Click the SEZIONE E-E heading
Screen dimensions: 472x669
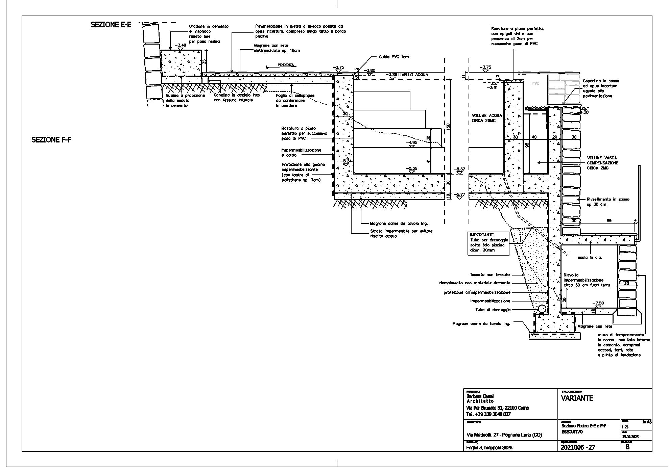tap(111, 25)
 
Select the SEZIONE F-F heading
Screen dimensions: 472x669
tap(51, 140)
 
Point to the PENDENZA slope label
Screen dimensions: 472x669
tap(286, 65)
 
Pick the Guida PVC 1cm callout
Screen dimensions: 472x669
tap(394, 57)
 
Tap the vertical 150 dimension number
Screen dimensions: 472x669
tap(448, 127)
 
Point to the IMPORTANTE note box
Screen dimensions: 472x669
tap(488, 243)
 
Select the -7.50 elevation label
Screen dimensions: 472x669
tap(598, 303)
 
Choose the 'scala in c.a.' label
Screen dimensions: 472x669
tap(590, 258)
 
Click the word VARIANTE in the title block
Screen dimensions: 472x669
tap(577, 398)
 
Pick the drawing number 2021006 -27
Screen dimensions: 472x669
tap(578, 448)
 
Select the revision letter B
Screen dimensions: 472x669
tap(627, 447)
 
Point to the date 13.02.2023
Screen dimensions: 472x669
tap(630, 437)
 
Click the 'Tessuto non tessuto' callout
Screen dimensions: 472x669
tap(489, 275)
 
